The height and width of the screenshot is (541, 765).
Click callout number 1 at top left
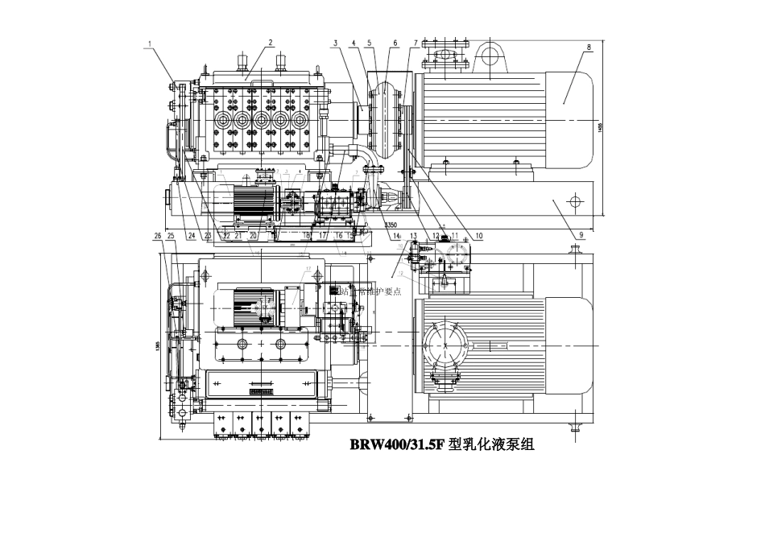pyautogui.click(x=149, y=46)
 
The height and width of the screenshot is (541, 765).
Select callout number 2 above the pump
pyautogui.click(x=271, y=43)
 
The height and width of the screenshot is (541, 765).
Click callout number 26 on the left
pyautogui.click(x=158, y=236)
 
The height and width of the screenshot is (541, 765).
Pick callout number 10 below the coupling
pyautogui.click(x=478, y=236)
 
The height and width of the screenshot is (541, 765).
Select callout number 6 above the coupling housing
pyautogui.click(x=395, y=43)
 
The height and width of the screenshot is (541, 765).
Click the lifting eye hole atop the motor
pyautogui.click(x=489, y=55)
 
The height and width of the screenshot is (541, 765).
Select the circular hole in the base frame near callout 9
pyautogui.click(x=573, y=199)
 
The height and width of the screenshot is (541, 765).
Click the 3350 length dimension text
pyautogui.click(x=392, y=225)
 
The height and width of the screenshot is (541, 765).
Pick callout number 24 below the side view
pyautogui.click(x=191, y=236)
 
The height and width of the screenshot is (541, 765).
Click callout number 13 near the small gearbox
pyautogui.click(x=413, y=236)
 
